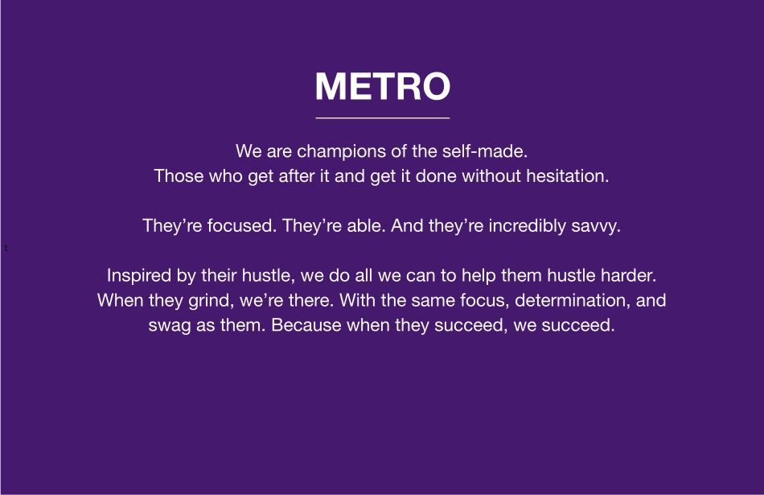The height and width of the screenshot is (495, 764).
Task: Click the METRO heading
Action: pyautogui.click(x=382, y=86)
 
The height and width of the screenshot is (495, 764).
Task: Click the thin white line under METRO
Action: pyautogui.click(x=382, y=118)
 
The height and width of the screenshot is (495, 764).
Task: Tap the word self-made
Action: pyautogui.click(x=491, y=151)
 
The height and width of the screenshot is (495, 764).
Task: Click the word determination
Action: pyautogui.click(x=574, y=301)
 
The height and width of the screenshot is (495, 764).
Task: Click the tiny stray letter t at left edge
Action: pyautogui.click(x=6, y=248)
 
